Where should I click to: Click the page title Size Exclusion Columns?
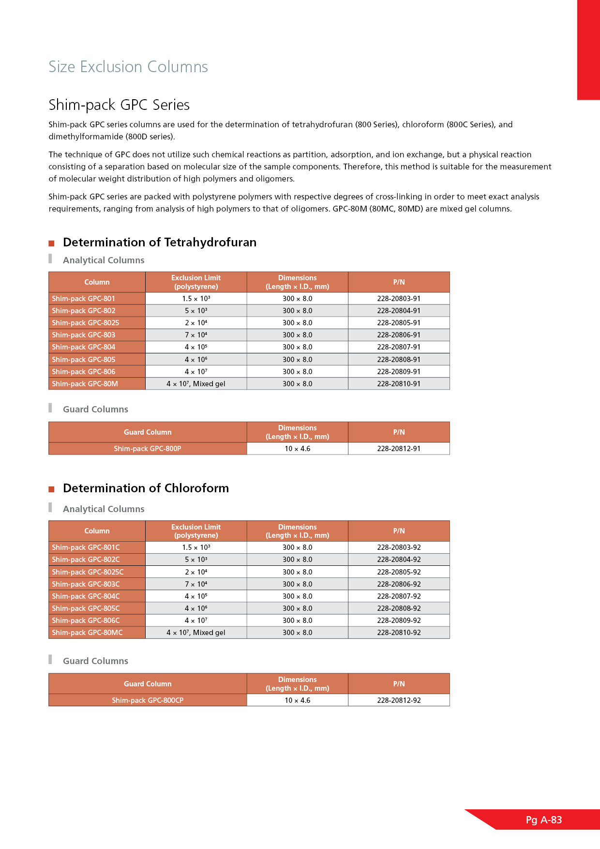[x=128, y=67]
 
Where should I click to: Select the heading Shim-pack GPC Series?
[x=119, y=105]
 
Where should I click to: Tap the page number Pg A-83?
[x=544, y=820]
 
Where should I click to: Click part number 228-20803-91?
[x=399, y=299]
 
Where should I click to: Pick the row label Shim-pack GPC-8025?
[x=86, y=323]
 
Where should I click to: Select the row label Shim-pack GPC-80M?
[x=85, y=384]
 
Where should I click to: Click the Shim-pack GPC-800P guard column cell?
[x=148, y=449]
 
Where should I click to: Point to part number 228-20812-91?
[x=399, y=449]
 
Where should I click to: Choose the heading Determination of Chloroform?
[x=146, y=488]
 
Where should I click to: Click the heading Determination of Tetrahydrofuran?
[x=160, y=242]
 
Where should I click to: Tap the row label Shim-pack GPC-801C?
[x=86, y=547]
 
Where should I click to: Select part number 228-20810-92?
[x=399, y=633]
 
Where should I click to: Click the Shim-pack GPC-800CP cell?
[x=148, y=700]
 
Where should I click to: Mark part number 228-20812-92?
[x=399, y=700]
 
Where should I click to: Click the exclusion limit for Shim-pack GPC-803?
[x=196, y=335]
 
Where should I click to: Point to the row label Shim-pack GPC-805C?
[x=86, y=608]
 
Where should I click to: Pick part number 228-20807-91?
[x=399, y=347]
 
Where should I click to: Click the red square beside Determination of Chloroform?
[x=51, y=489]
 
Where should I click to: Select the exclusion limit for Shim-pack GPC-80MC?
[x=196, y=633]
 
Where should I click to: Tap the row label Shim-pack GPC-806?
[x=84, y=372]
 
